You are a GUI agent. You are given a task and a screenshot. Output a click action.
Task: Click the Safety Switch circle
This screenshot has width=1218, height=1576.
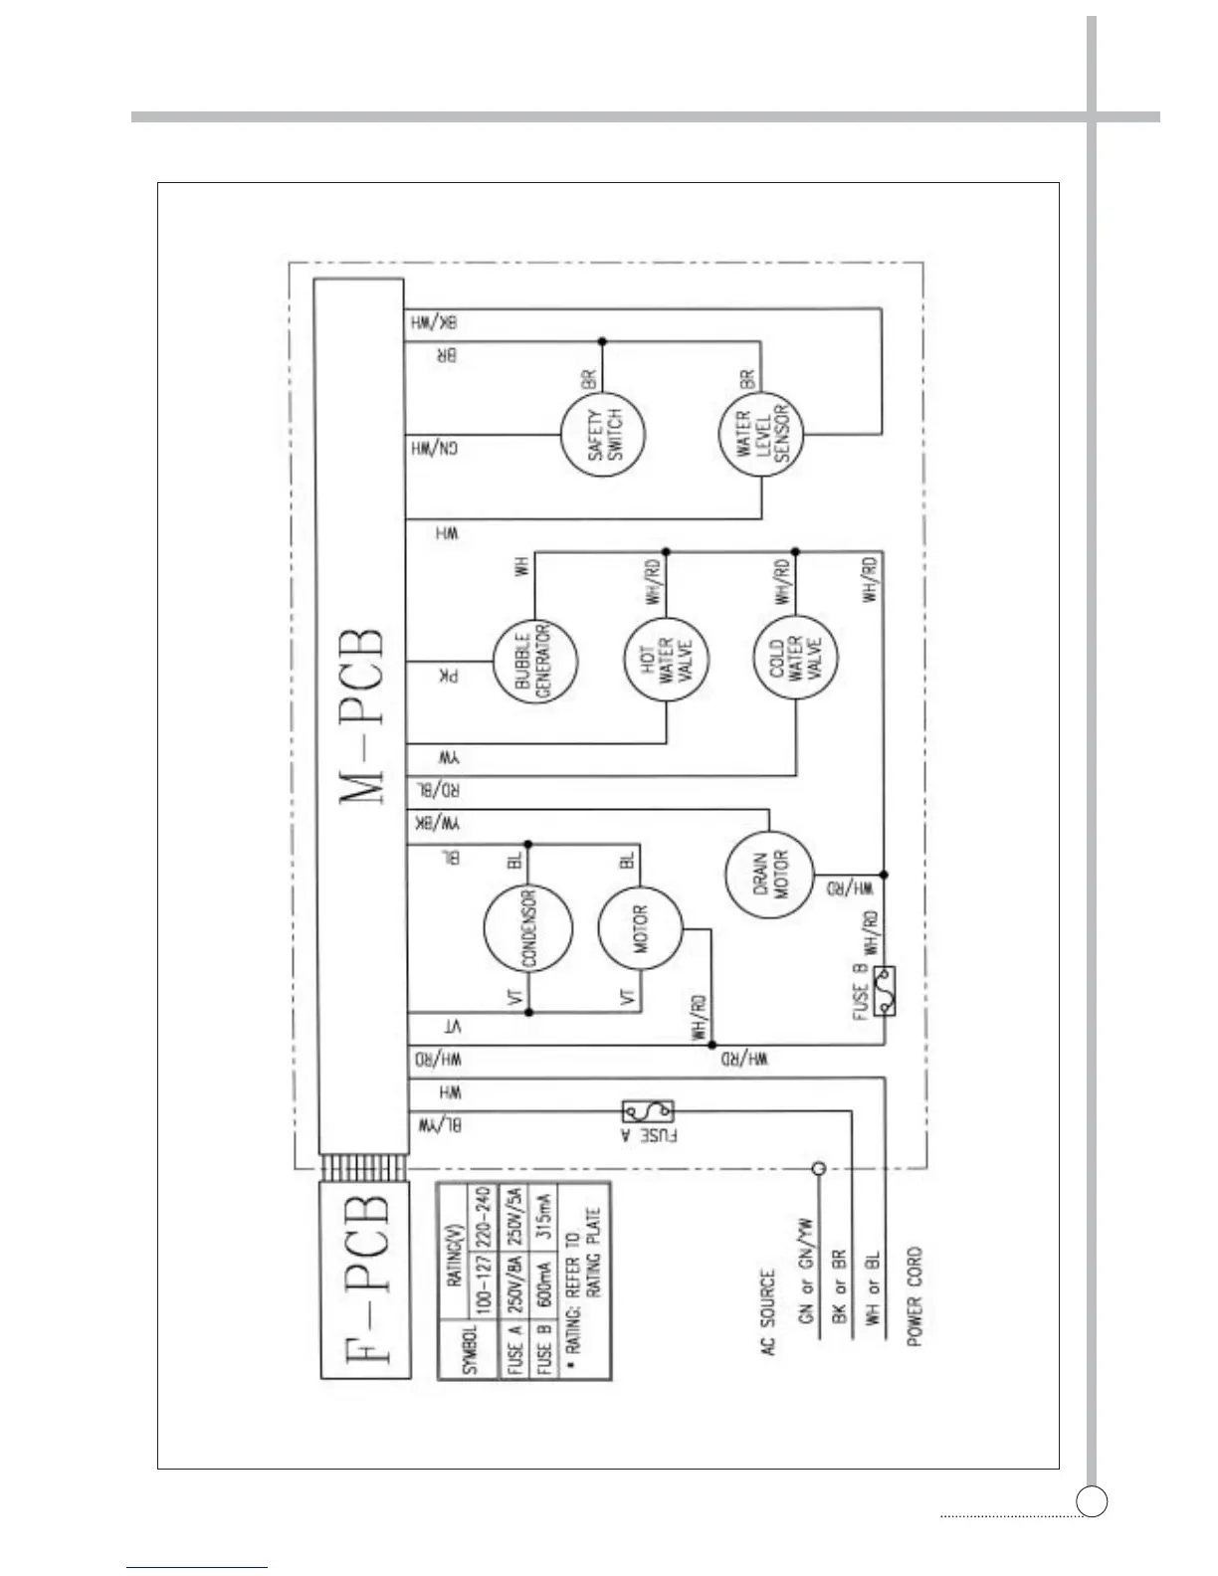coord(602,435)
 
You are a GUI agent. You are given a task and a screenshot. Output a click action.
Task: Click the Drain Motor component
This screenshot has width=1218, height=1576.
coord(768,875)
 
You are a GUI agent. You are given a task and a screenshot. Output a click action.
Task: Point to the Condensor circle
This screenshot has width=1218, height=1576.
coord(528,928)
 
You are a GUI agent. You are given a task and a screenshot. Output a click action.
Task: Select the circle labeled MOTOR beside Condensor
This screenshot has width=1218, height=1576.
coord(640,928)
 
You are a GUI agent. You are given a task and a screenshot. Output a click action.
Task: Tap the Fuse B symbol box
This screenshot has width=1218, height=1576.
coord(884,991)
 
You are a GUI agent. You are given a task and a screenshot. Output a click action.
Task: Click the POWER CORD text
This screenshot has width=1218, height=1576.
coord(914,1296)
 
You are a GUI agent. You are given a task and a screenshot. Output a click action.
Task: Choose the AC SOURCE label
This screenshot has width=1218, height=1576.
coord(767,1311)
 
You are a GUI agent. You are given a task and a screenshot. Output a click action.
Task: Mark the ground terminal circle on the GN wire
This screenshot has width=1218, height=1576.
coord(819,1169)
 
